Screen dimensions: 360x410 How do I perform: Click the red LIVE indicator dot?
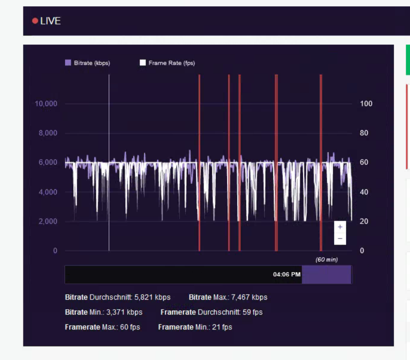pyautogui.click(x=35, y=21)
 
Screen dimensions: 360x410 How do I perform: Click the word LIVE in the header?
pyautogui.click(x=50, y=21)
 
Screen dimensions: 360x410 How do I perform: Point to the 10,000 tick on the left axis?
pyautogui.click(x=46, y=104)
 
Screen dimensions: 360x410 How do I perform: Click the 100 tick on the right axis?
pyautogui.click(x=366, y=104)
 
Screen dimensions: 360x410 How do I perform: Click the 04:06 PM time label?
pyautogui.click(x=287, y=274)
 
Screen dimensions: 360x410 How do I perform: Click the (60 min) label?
pyautogui.click(x=327, y=260)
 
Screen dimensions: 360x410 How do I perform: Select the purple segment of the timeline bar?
pyautogui.click(x=326, y=274)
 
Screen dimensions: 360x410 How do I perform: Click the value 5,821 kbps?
pyautogui.click(x=152, y=297)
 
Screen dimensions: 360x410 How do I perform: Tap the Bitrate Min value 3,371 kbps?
pyautogui.click(x=124, y=312)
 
